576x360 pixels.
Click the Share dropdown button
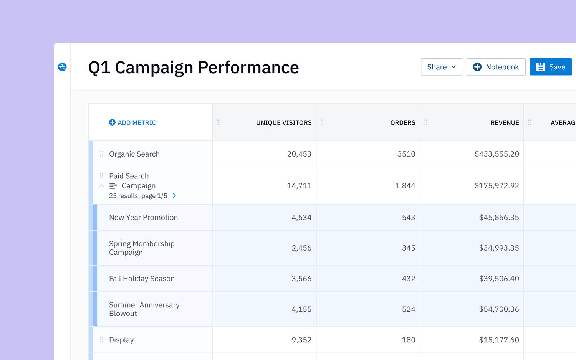441,67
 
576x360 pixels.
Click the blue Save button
550,67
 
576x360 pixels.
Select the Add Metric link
132,122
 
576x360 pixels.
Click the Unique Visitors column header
284,122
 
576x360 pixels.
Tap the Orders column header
402,122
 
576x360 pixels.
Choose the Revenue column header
504,122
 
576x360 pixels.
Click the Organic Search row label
134,154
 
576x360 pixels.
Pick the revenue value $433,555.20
497,154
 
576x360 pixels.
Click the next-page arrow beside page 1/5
174,195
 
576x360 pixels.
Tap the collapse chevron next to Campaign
101,186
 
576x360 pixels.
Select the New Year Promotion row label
143,217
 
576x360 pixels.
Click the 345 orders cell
408,248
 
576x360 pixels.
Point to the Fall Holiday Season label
142,279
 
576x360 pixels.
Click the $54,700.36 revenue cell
498,309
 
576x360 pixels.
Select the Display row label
121,340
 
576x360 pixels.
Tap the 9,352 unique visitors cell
301,340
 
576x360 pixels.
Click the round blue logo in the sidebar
62,67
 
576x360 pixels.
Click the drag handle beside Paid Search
101,176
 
